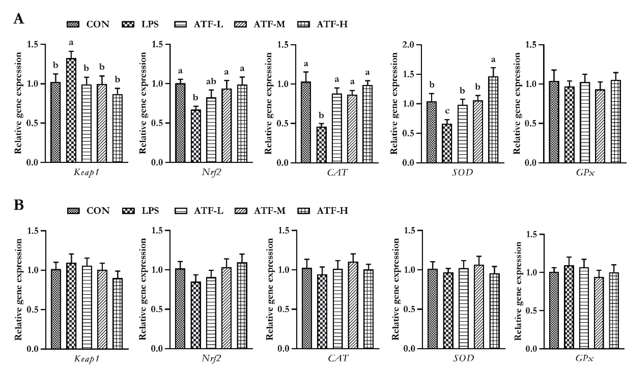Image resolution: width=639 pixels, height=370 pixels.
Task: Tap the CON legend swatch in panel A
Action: [x=73, y=24]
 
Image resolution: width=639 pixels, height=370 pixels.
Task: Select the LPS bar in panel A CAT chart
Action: [x=321, y=145]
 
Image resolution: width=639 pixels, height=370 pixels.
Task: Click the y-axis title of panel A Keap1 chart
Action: [x=18, y=103]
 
